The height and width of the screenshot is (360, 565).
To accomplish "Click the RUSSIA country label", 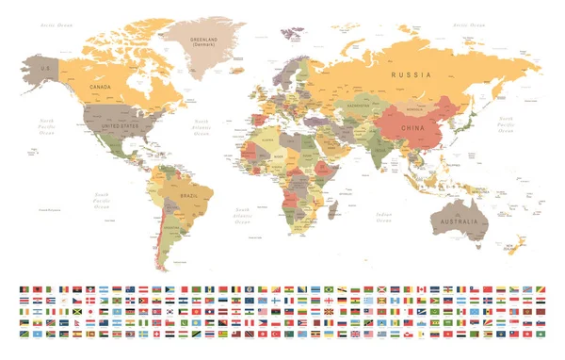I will [x=412, y=74].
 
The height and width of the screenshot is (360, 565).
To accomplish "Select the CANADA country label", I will [x=101, y=87].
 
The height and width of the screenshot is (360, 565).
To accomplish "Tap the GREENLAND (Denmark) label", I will [x=203, y=41].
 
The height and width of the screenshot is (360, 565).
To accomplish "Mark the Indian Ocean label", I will [x=384, y=217].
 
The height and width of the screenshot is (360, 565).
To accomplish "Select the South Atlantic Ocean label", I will [x=243, y=217].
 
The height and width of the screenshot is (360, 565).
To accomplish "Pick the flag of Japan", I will [x=90, y=312].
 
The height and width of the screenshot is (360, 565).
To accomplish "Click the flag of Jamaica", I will [x=76, y=312].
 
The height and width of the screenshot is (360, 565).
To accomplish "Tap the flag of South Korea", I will [x=169, y=312].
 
